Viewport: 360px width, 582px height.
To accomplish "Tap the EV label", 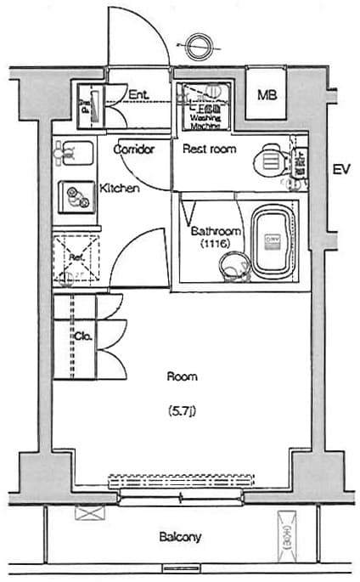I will coord(341,170).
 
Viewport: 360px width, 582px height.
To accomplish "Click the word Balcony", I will coord(180,537).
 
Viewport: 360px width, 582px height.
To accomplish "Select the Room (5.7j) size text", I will coord(182,413).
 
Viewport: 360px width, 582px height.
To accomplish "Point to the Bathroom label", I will coord(216,231).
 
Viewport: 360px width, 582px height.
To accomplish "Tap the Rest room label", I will coord(209,150).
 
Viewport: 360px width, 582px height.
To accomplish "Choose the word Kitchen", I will coord(120,189).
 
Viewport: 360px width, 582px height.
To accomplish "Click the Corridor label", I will coord(133,150).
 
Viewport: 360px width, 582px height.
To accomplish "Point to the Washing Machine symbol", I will coord(205,107).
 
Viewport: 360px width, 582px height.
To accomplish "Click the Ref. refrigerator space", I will coord(76,257).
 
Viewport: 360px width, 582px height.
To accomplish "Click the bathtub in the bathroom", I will coord(273,241).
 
